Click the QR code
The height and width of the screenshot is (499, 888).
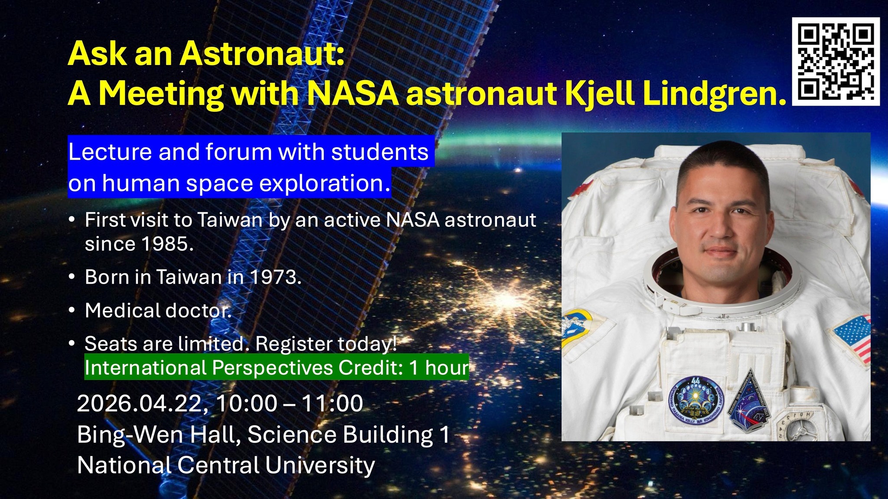click(836, 62)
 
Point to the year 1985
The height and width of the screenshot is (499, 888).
click(167, 244)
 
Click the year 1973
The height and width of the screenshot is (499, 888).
click(274, 277)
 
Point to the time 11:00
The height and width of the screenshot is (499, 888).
click(332, 404)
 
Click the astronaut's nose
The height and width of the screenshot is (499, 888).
click(717, 229)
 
